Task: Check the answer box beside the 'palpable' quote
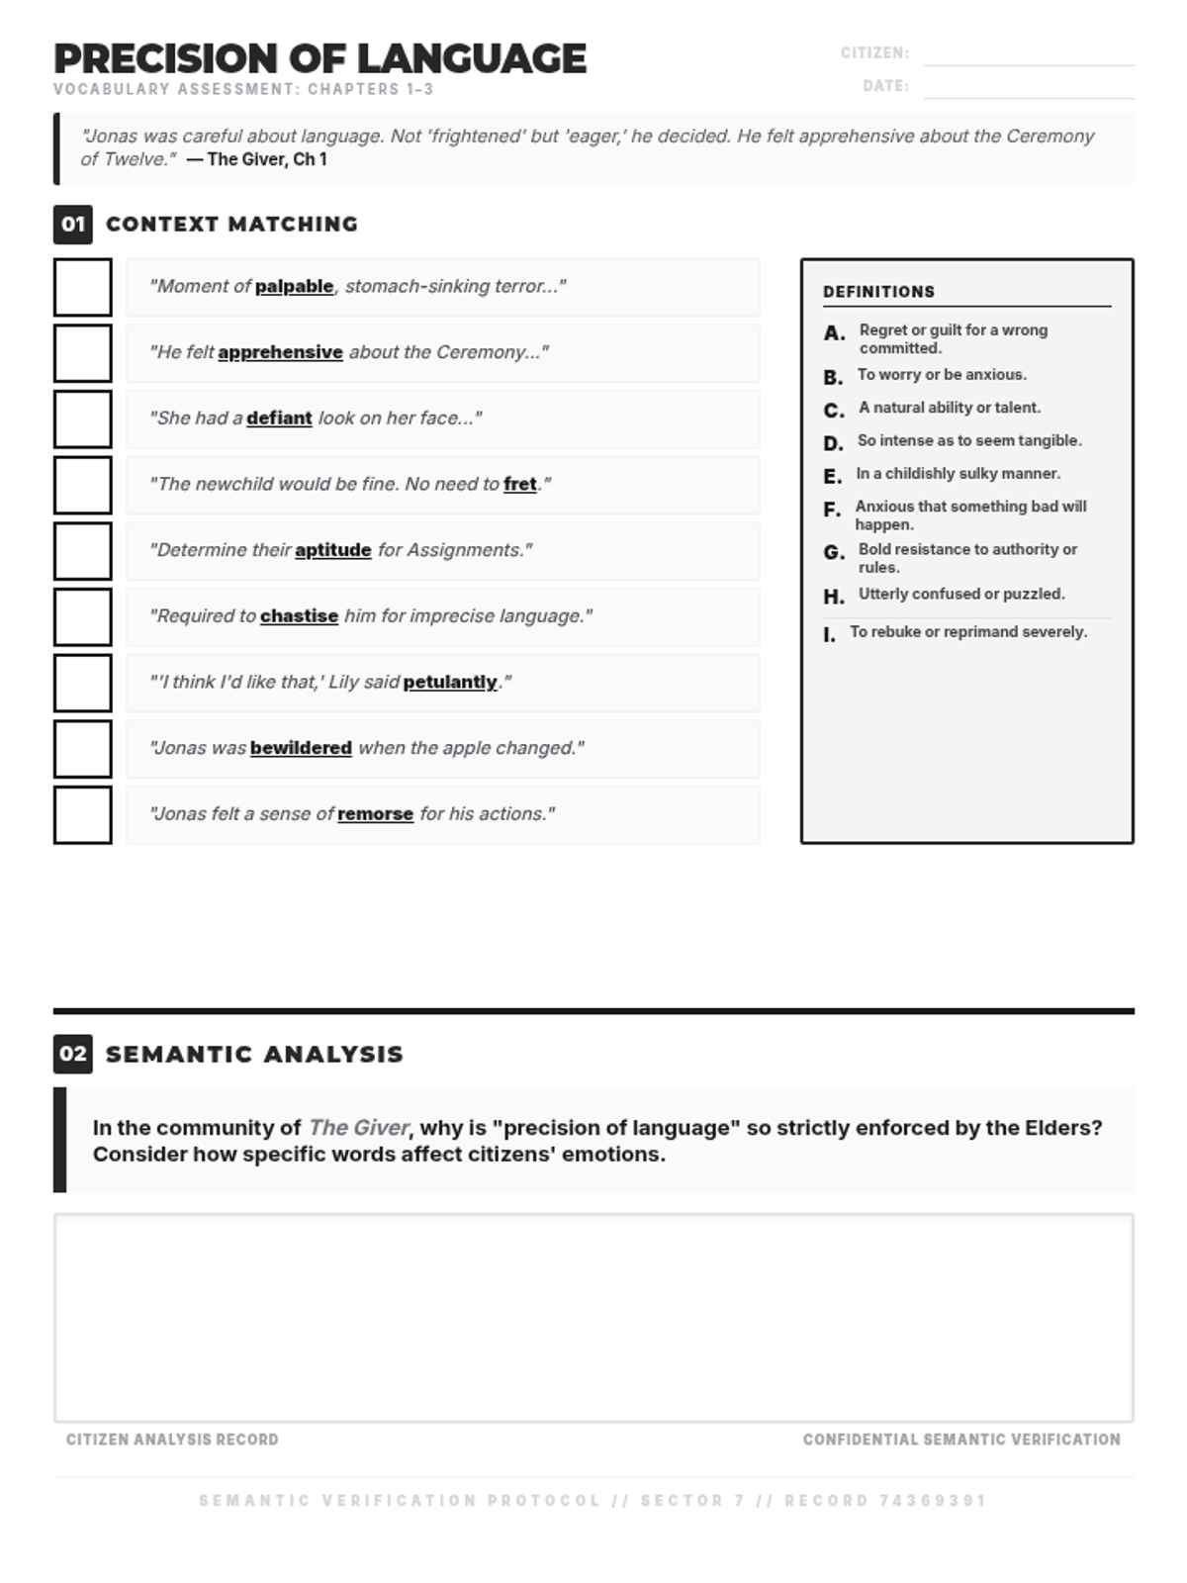[x=83, y=287]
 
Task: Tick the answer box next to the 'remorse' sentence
[x=83, y=815]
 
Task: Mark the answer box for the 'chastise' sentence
[x=83, y=617]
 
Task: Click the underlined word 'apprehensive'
[x=280, y=352]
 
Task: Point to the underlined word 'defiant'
[x=279, y=419]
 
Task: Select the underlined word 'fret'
[x=520, y=484]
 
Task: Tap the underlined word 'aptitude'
[x=333, y=550]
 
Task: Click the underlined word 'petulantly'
[x=450, y=682]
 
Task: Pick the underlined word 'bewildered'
[x=301, y=748]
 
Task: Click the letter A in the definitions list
[x=834, y=333]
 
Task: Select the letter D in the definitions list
[x=834, y=443]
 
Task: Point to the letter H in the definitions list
[x=834, y=597]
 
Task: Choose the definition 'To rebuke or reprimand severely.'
[x=968, y=631]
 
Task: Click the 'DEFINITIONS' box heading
[x=878, y=292]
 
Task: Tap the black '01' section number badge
[x=73, y=225]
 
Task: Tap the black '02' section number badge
[x=73, y=1054]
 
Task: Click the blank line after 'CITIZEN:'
[x=1029, y=55]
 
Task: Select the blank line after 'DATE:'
[x=1029, y=88]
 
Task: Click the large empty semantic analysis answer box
[x=593, y=1318]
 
